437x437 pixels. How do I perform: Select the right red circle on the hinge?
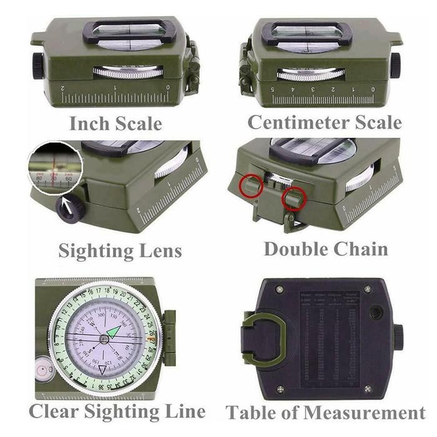pyautogui.click(x=293, y=199)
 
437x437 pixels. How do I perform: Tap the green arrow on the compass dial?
pyautogui.click(x=114, y=331)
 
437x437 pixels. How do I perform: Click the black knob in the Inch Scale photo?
pyautogui.click(x=38, y=66)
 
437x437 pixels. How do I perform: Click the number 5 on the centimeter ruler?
pyautogui.click(x=273, y=89)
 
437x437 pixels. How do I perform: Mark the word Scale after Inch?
pyautogui.click(x=139, y=123)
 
